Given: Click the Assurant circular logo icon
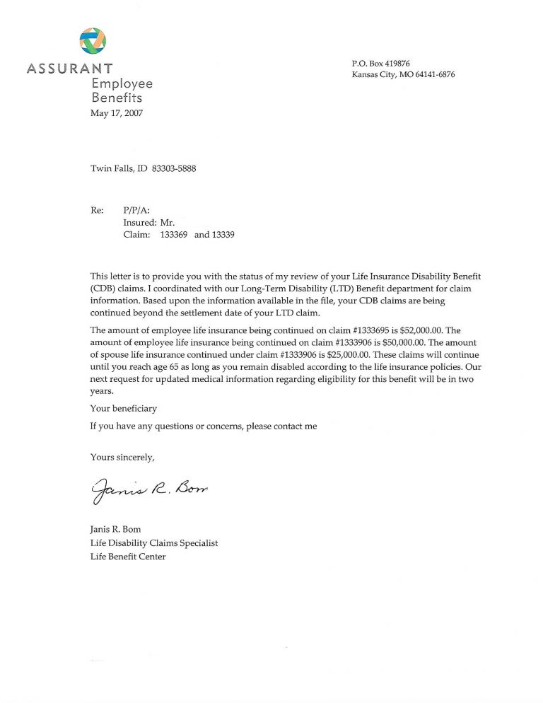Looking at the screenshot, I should pyautogui.click(x=93, y=41).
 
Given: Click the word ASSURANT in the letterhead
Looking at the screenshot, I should pyautogui.click(x=69, y=69).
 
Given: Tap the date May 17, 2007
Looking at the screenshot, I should pyautogui.click(x=117, y=113).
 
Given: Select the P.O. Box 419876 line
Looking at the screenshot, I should pyautogui.click(x=380, y=64).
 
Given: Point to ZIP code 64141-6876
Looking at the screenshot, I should pyautogui.click(x=435, y=75).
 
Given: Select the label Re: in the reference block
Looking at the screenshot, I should pyautogui.click(x=97, y=209).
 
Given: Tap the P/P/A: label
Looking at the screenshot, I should pyautogui.click(x=136, y=209).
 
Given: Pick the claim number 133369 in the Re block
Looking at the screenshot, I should pyautogui.click(x=174, y=235).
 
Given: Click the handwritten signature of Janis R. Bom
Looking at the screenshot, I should pyautogui.click(x=151, y=488).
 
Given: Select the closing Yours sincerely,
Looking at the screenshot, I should pyautogui.click(x=122, y=457).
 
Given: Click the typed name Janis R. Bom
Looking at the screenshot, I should pyautogui.click(x=115, y=529).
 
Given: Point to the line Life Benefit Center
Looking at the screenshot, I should pyautogui.click(x=128, y=557).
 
